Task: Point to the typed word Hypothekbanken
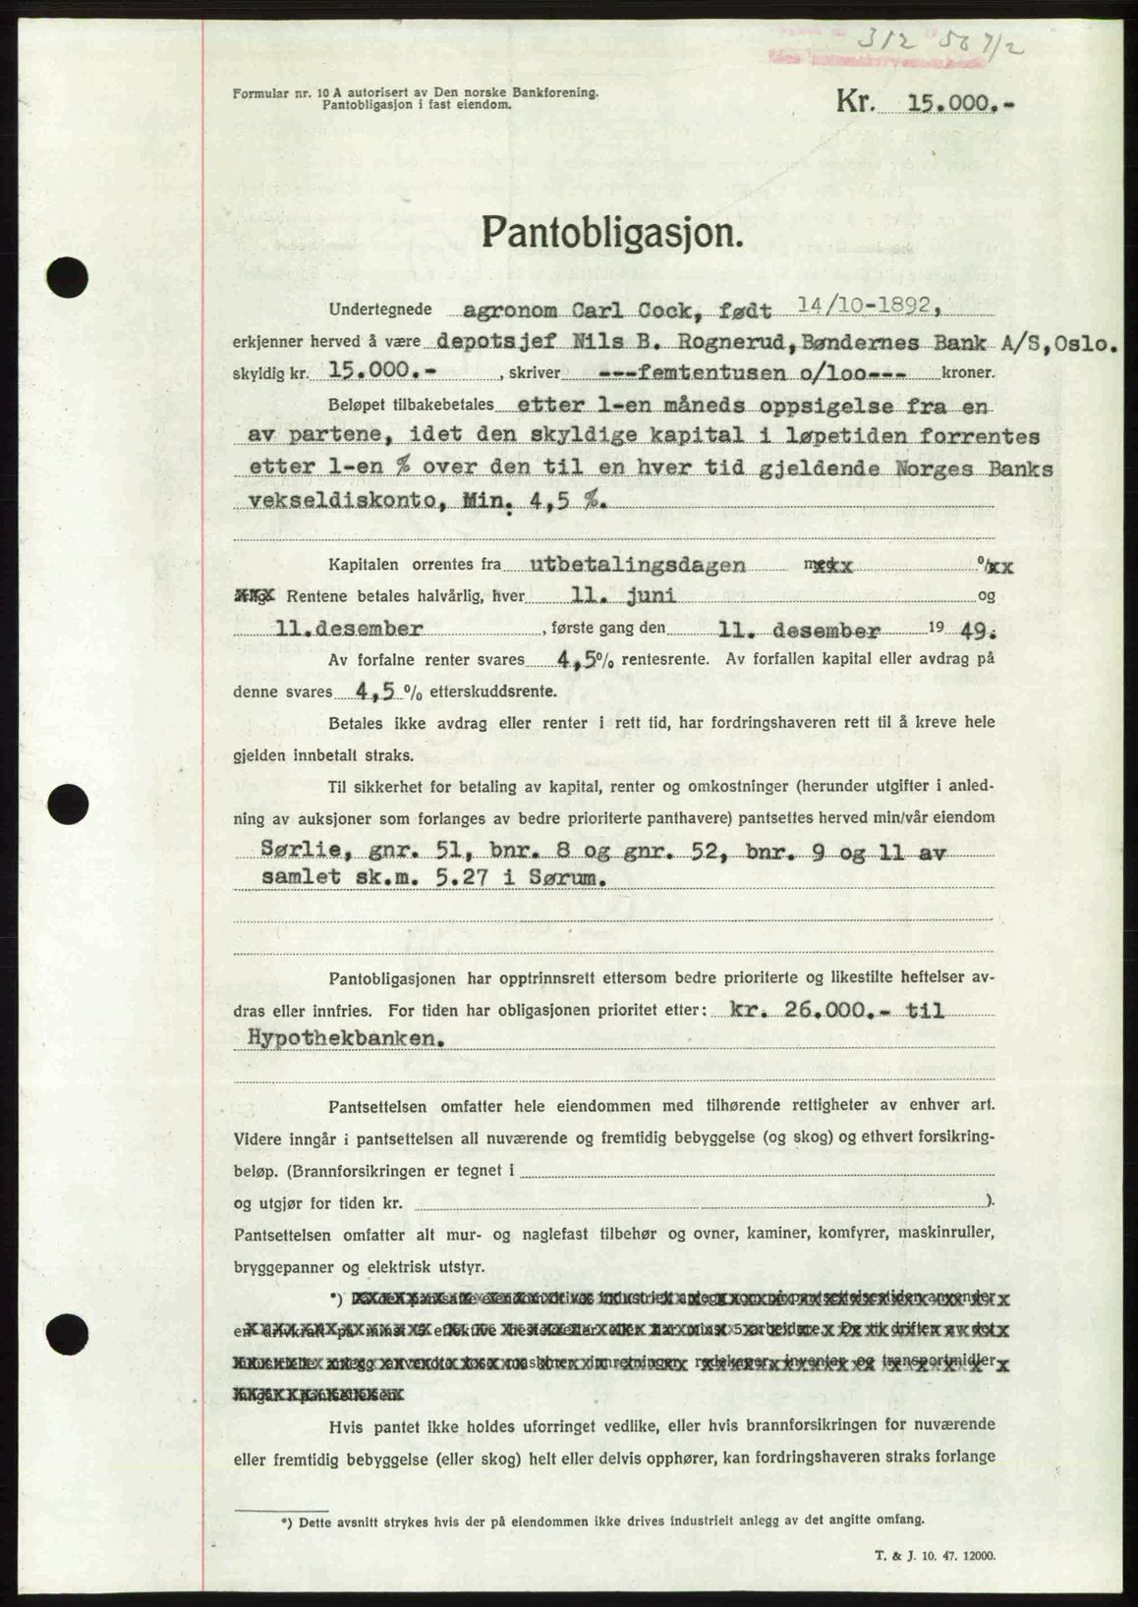(338, 1040)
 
